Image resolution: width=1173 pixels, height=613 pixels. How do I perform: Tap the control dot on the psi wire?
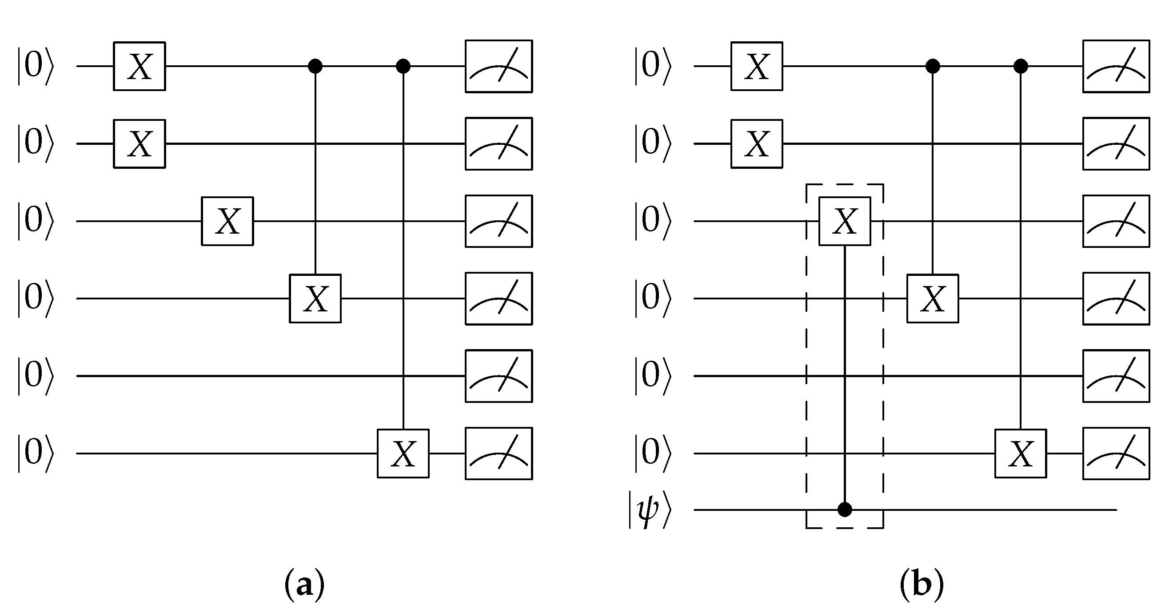[845, 510]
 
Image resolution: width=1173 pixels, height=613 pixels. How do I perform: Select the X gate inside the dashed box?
[845, 221]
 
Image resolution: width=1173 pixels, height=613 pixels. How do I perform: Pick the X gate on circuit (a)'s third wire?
[227, 221]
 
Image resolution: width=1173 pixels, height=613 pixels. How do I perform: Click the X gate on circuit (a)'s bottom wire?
[403, 453]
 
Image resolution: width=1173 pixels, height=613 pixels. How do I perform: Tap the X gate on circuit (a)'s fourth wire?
[315, 299]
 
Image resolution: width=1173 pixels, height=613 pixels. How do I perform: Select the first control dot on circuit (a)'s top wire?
[315, 67]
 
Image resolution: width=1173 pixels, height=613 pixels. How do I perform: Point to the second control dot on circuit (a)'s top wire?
[403, 67]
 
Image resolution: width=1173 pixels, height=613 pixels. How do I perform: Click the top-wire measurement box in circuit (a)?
[499, 67]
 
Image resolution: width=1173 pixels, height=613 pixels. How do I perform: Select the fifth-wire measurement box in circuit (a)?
[499, 376]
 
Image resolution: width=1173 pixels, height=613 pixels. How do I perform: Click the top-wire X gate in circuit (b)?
[757, 67]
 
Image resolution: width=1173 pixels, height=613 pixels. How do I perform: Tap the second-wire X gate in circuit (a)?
[140, 144]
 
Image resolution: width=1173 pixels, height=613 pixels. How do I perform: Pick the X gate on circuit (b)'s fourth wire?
[933, 299]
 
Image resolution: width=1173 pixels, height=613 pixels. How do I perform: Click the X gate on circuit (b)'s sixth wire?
[1021, 453]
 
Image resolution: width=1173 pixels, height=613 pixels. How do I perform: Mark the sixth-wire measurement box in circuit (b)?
[1116, 453]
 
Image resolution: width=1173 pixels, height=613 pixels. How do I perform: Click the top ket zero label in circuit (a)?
[36, 67]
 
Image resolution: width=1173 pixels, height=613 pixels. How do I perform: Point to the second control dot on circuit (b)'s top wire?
[1021, 67]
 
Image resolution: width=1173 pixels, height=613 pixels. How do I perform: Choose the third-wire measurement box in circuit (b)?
[1116, 221]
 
